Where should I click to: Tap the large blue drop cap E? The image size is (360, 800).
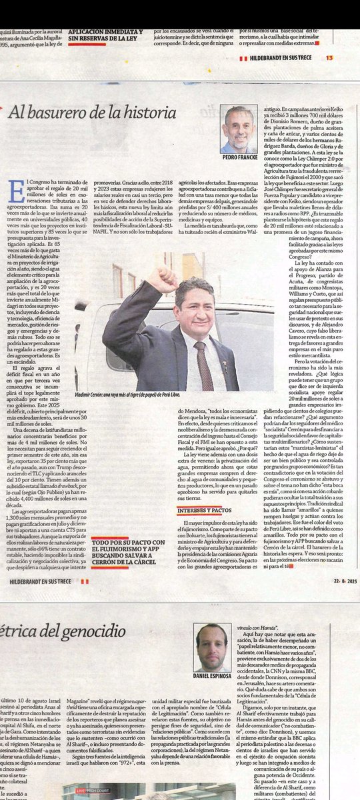18,191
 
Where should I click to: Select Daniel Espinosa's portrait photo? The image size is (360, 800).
213,647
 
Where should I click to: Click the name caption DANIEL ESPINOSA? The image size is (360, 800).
213,677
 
